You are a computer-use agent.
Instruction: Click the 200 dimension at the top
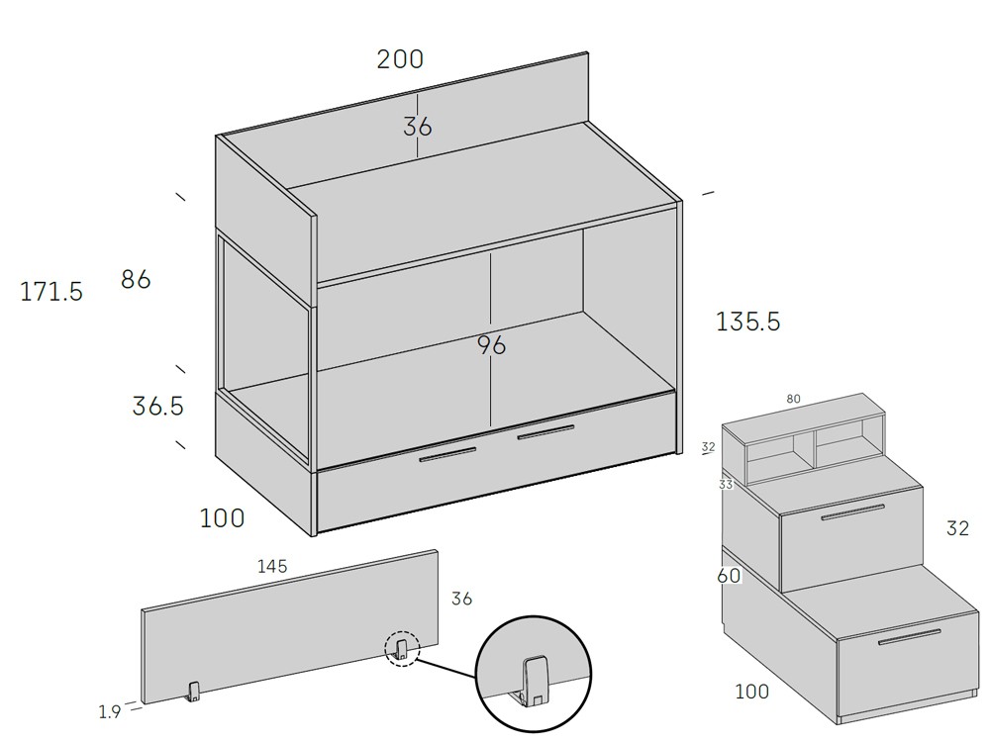[400, 59]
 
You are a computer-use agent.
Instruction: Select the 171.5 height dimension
[51, 292]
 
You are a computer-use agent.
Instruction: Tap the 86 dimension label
[136, 279]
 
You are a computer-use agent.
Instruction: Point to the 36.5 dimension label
[157, 406]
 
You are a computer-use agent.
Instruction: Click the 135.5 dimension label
[748, 322]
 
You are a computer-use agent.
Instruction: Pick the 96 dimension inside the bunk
[491, 345]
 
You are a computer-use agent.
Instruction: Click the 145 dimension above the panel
[272, 566]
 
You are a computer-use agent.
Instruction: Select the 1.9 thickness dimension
[109, 711]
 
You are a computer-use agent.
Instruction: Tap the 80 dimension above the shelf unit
[793, 399]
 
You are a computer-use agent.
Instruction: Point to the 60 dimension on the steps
[729, 576]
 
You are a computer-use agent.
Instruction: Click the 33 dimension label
[726, 485]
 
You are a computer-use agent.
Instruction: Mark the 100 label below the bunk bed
[222, 518]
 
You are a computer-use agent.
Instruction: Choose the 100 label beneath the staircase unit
[752, 692]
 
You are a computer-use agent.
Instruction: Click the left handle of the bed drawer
[447, 454]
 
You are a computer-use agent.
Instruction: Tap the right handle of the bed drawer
[545, 433]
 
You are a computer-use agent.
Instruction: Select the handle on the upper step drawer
[852, 511]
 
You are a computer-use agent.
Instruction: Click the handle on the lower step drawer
[909, 637]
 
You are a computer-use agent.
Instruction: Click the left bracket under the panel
[193, 692]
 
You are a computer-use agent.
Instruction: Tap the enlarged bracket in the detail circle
[533, 681]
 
